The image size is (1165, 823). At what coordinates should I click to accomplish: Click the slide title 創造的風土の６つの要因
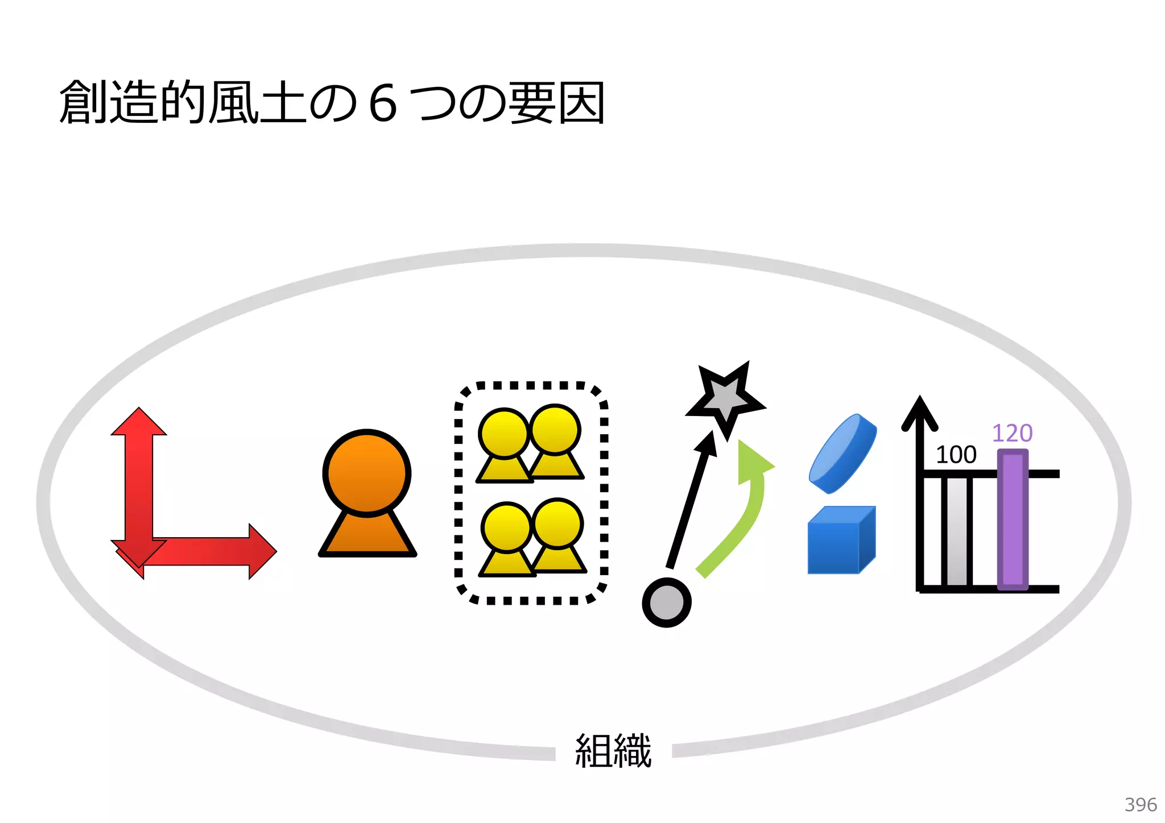pyautogui.click(x=332, y=103)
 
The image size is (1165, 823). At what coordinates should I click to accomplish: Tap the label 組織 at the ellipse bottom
pyautogui.click(x=613, y=751)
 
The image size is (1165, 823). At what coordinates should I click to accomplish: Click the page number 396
pyautogui.click(x=1140, y=804)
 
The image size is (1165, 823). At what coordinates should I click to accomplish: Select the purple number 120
pyautogui.click(x=1012, y=433)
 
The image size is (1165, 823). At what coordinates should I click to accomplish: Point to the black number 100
pyautogui.click(x=956, y=455)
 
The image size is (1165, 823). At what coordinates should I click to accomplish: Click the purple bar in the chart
pyautogui.click(x=1013, y=520)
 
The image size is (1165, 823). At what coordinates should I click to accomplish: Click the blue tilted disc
pyautogui.click(x=842, y=454)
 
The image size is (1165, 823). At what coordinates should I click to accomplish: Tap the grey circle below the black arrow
pyautogui.click(x=666, y=602)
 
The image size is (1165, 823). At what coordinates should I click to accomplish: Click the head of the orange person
pyautogui.click(x=367, y=473)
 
